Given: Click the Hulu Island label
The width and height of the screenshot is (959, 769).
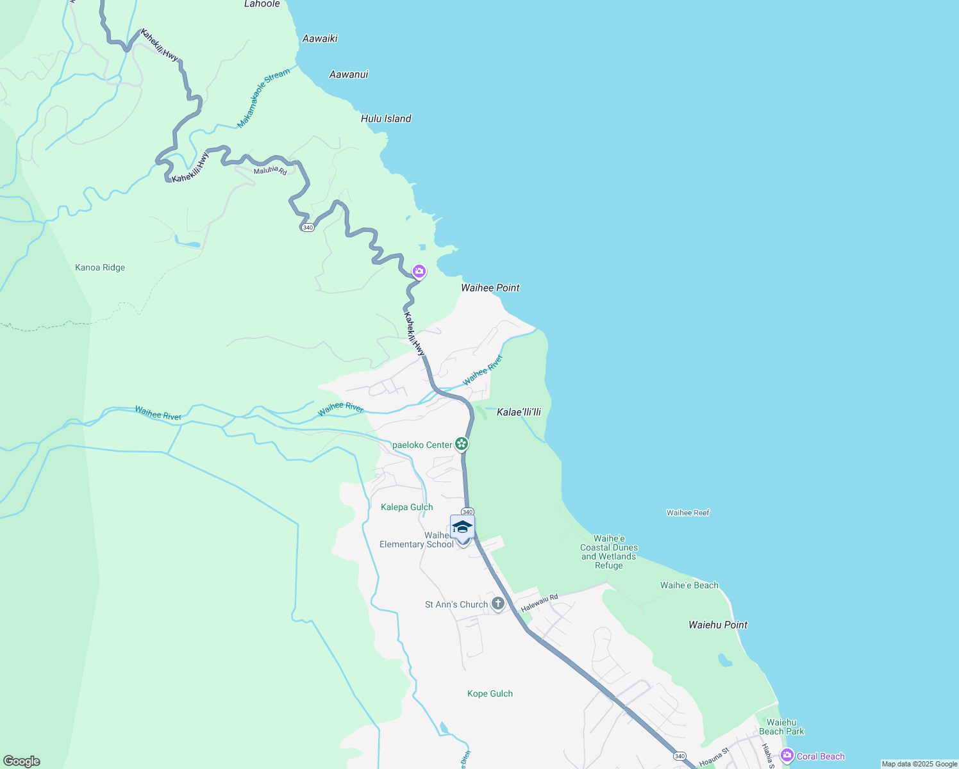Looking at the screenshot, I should tap(386, 119).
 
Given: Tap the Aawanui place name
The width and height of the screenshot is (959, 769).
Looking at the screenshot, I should tap(349, 74).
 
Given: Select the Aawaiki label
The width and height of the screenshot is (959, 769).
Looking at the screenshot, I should tap(320, 38).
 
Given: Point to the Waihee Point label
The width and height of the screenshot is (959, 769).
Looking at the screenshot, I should tap(490, 288).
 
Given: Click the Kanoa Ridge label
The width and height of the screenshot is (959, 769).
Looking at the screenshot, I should tap(100, 268).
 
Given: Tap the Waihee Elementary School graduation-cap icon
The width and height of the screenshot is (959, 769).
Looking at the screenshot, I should tap(462, 527).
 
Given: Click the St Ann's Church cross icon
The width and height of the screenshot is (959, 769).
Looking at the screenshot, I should tap(498, 604).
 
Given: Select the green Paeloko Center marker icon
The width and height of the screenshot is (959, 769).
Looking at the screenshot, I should tap(461, 444).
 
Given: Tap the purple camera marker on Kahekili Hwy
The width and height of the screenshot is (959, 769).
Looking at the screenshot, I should tap(419, 272).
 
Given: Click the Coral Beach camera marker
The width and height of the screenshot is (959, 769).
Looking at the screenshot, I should tap(787, 756).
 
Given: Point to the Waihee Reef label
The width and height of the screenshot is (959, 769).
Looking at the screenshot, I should tap(688, 513).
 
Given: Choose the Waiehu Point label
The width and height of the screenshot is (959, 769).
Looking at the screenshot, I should tap(718, 625).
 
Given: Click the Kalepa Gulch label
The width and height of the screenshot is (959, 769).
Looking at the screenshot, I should tap(407, 507).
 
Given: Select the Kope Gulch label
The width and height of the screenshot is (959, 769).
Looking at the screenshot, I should tap(490, 693).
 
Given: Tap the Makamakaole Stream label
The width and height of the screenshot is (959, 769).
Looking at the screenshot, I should tap(263, 98).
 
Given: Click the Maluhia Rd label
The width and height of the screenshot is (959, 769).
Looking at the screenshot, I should tap(270, 170).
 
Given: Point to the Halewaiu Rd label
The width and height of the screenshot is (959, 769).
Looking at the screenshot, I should tap(539, 602).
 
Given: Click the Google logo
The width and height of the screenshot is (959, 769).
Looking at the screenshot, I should tap(22, 761).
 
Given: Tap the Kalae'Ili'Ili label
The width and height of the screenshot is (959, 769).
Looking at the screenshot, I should tap(519, 412).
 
